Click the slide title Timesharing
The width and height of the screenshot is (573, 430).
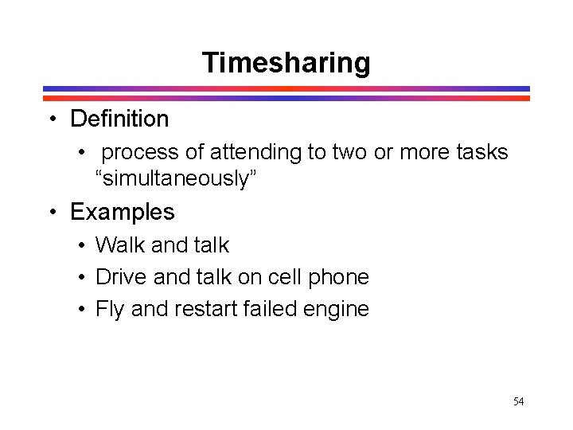coord(286,62)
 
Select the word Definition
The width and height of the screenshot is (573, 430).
coord(119,119)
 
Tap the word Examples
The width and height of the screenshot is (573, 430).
coord(122,212)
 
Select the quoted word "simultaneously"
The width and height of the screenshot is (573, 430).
coord(173,178)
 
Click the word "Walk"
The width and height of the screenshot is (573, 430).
coord(118,245)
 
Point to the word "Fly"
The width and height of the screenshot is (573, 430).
coord(110,309)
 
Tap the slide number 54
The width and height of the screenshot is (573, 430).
coord(518,401)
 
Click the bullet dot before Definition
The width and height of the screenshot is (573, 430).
coord(51,120)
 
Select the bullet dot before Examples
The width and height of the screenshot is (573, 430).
coord(51,213)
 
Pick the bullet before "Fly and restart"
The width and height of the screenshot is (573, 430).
coord(82,309)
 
